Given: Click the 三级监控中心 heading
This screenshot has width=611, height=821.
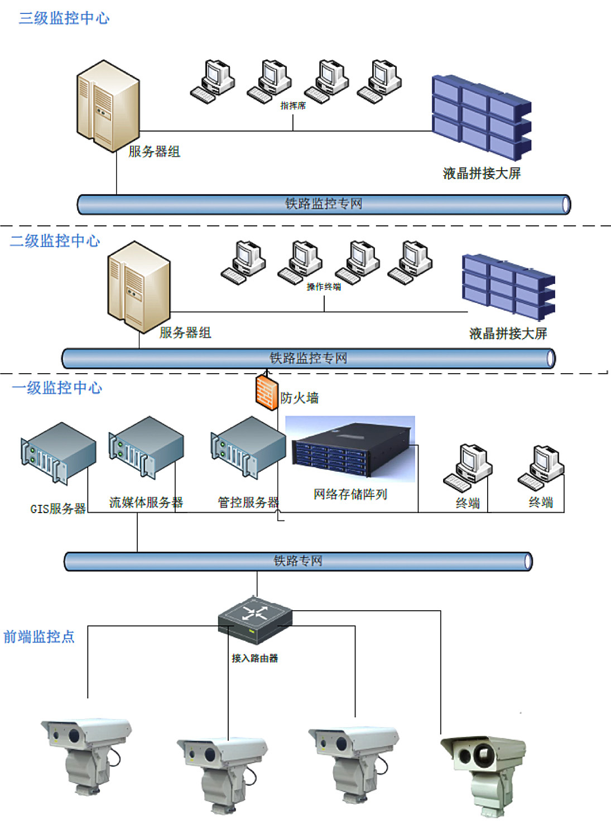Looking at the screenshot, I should tap(64, 18).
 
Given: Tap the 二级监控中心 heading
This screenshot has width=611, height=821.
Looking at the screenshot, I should tap(55, 241).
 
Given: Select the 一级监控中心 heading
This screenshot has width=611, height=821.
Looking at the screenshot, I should tap(57, 388).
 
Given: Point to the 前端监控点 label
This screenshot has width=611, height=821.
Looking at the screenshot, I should tap(39, 636).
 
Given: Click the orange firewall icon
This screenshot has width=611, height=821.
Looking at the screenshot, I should tap(267, 392).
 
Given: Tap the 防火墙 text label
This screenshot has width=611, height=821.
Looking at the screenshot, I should tap(300, 398).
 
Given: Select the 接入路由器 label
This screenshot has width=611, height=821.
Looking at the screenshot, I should tap(255, 658).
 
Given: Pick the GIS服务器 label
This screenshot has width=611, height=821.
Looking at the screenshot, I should tap(58, 509).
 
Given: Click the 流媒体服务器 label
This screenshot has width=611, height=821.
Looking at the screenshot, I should tap(146, 503).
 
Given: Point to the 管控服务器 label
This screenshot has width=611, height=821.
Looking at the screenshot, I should tap(248, 503).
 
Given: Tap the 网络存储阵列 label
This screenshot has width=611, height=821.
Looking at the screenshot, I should tap(350, 494).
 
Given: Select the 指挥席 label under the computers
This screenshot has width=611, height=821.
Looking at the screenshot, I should tap(293, 105).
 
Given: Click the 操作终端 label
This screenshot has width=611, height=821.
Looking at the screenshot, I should tap(324, 287).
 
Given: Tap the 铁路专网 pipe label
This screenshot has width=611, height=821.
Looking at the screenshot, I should tap(298, 561).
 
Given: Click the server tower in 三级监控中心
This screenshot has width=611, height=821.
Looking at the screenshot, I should tap(108, 106).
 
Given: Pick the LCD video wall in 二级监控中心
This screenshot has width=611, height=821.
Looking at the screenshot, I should tap(508, 286).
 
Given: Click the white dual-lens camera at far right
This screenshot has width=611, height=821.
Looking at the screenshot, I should tap(483, 770).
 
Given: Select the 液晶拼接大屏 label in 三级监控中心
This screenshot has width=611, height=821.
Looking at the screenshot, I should tap(482, 173).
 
